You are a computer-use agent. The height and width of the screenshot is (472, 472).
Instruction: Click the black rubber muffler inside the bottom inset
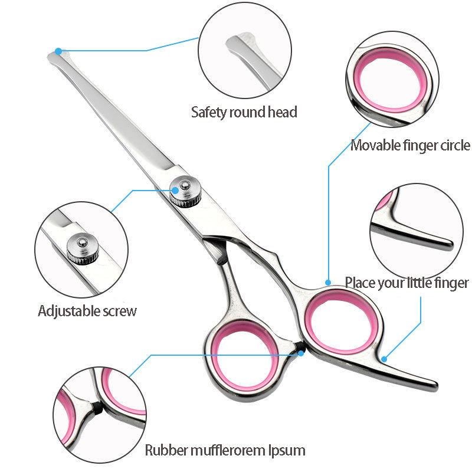coord(95,408)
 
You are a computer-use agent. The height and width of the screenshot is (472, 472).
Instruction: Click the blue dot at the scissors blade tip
coord(58,51)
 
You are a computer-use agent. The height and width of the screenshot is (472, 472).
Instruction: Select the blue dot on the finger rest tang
coord(384,358)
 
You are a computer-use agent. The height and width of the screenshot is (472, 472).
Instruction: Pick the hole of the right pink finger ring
coord(342,322)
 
